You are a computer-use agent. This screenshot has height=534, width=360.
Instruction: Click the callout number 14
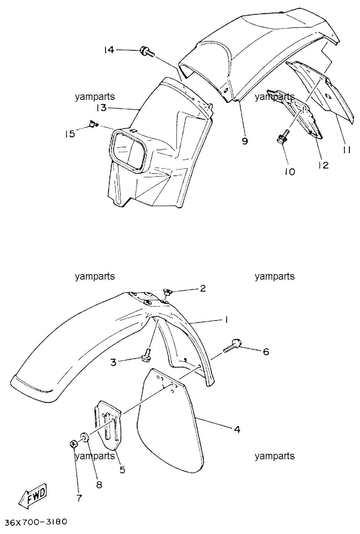tap(109, 50)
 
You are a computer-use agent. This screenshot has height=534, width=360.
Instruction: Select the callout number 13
tap(101, 108)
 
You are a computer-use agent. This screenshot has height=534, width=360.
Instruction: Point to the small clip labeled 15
tap(94, 124)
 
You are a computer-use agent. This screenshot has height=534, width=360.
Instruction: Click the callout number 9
tap(245, 141)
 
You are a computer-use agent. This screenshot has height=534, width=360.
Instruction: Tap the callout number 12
tap(323, 165)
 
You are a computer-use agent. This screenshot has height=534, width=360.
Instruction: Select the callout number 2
tap(202, 289)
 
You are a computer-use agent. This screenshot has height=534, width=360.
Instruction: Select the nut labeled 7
tap(73, 444)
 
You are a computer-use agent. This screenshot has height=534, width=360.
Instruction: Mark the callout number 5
tap(122, 470)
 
